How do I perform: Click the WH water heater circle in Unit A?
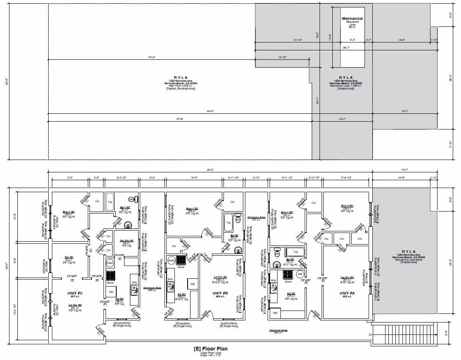(300, 274)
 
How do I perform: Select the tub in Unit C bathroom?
(110, 202)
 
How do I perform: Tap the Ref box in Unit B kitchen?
(192, 284)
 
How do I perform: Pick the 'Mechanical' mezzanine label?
(352, 19)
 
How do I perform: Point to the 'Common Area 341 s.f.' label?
(278, 331)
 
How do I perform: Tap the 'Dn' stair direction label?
(370, 334)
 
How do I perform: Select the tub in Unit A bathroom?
(295, 252)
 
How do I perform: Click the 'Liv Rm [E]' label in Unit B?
(219, 277)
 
